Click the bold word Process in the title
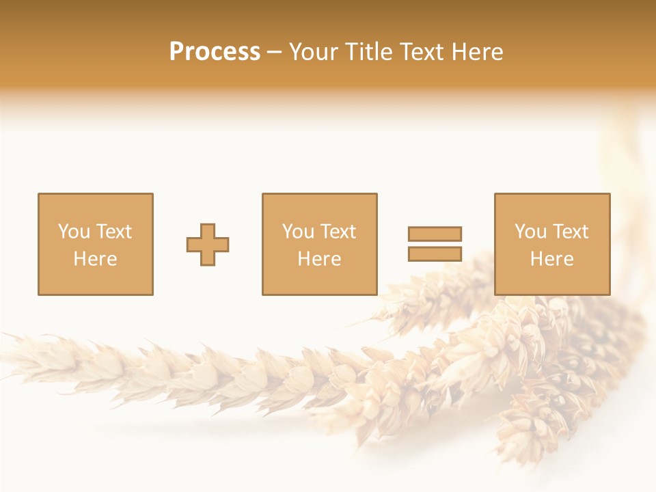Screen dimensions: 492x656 [215, 52]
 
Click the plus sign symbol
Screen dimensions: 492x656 [208, 244]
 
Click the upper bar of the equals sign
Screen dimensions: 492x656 [435, 234]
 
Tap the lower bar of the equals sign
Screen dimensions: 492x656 [435, 254]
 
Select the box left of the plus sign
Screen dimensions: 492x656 [96, 244]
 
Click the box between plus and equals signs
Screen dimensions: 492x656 [319, 244]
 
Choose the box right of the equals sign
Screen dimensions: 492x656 [551, 244]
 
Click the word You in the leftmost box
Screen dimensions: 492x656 [73, 232]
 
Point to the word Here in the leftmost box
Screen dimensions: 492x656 [96, 259]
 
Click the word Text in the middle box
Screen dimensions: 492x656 [338, 232]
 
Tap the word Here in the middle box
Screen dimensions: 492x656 [319, 259]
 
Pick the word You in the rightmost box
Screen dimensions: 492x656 [530, 232]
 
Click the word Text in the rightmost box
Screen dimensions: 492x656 [570, 232]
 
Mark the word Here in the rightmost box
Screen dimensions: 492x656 [551, 259]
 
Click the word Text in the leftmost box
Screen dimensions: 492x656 [113, 232]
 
